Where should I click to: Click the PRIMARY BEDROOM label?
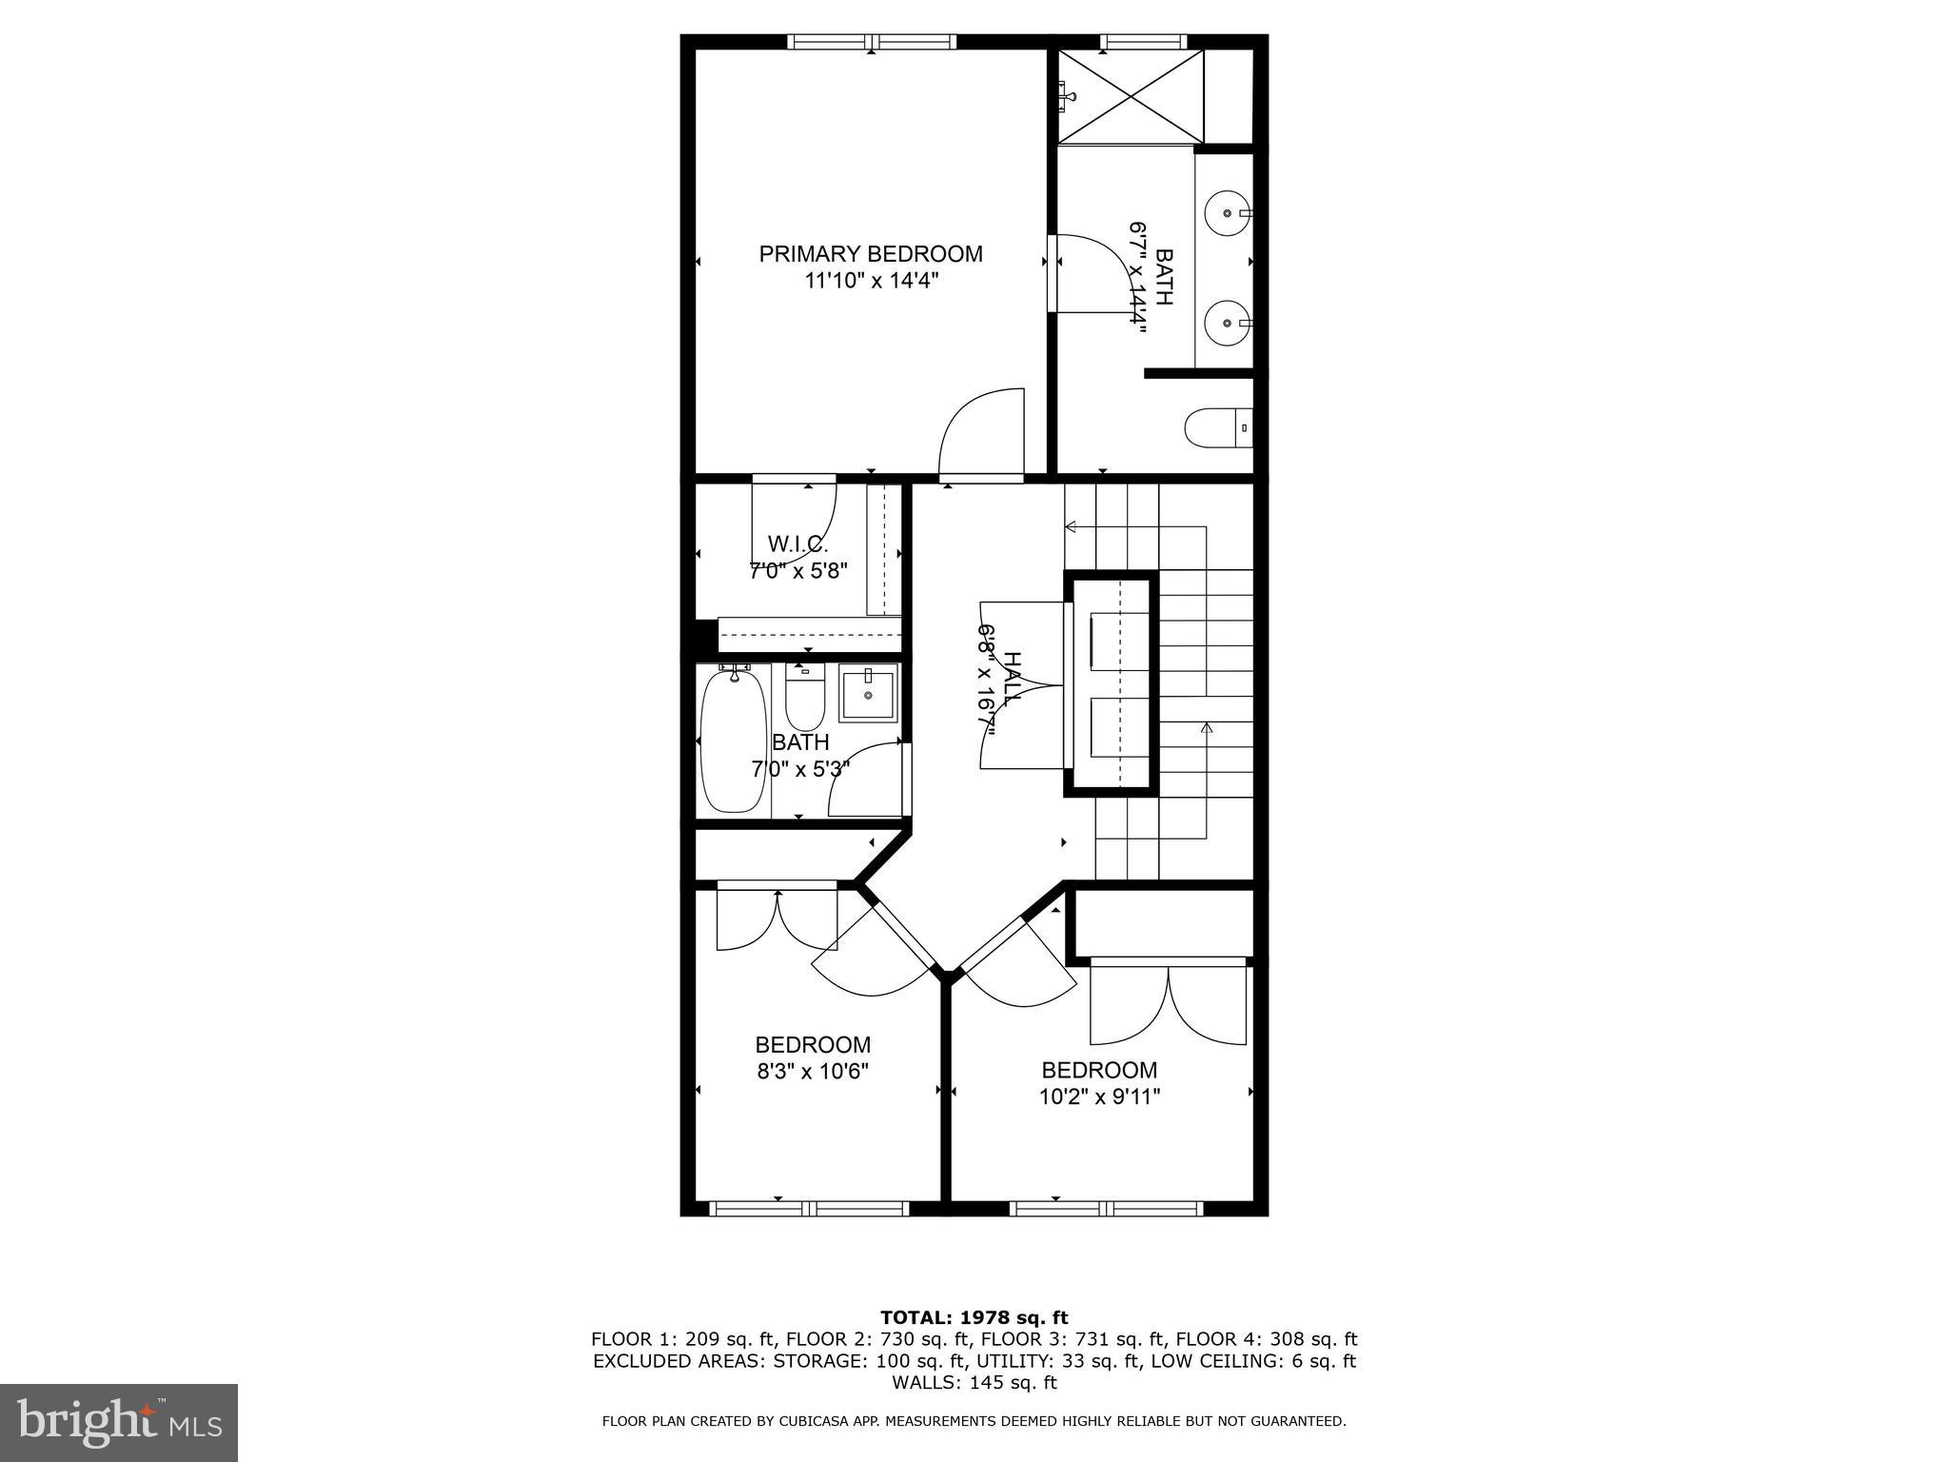tap(870, 254)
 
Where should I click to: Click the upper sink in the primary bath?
tap(1228, 213)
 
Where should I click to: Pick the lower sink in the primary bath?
tap(1228, 323)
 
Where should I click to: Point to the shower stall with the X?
tap(1131, 95)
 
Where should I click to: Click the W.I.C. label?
tap(797, 544)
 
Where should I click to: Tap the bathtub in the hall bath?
tap(734, 739)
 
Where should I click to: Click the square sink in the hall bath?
tap(868, 695)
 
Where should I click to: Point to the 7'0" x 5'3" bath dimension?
tap(799, 768)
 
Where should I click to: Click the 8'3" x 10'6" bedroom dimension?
tap(813, 1071)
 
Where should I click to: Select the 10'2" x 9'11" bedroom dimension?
tap(1099, 1096)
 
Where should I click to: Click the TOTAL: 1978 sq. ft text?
tap(974, 1318)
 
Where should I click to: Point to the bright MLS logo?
tap(119, 1422)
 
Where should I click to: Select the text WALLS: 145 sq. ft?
tap(974, 1382)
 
